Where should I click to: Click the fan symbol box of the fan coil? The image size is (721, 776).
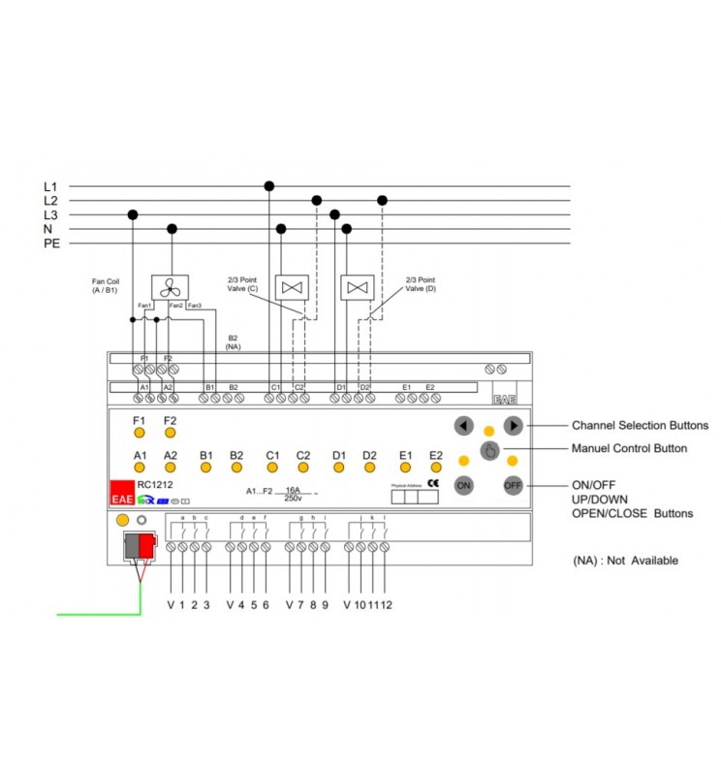point(170,286)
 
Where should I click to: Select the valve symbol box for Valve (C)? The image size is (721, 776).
point(292,287)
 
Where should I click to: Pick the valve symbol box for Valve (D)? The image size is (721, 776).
point(358,287)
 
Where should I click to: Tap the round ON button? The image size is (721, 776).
point(464,485)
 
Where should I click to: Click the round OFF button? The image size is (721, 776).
point(514,485)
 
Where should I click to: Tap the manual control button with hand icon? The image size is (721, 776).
point(489,451)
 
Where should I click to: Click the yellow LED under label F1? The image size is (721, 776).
point(139,434)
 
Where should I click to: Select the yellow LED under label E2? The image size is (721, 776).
point(436,468)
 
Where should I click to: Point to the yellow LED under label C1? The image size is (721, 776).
point(272,468)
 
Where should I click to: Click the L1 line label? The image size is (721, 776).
point(50,186)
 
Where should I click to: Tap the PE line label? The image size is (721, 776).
point(52,243)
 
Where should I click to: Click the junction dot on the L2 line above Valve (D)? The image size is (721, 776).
point(382,200)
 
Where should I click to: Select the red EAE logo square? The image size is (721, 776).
point(121,493)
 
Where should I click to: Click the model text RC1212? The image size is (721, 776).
point(155,484)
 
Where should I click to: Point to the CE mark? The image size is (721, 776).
point(432,483)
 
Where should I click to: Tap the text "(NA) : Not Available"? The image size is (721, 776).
point(626,561)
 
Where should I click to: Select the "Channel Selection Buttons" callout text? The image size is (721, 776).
point(640,425)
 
